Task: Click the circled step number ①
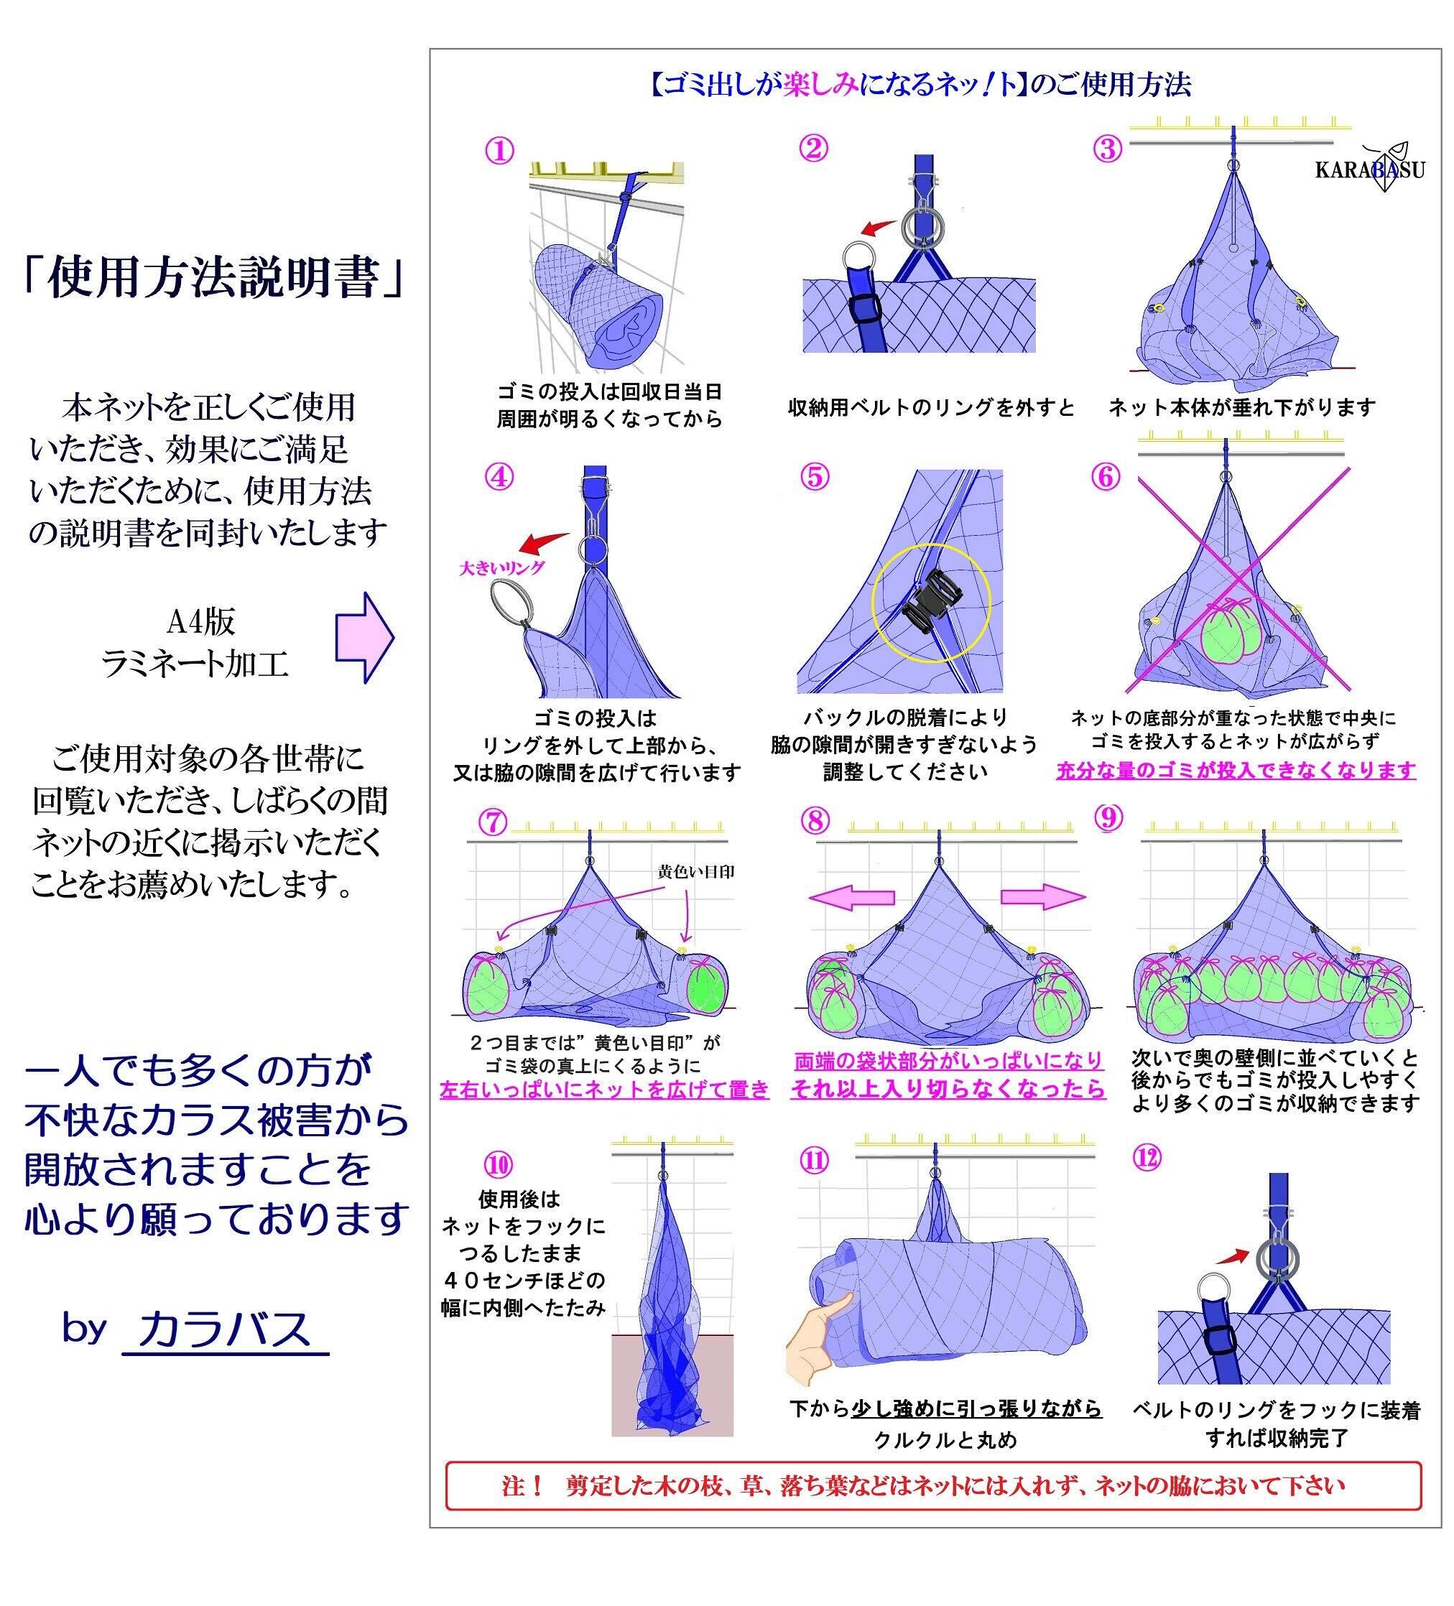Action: coord(499,151)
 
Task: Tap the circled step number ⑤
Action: coord(814,476)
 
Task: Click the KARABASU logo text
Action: coord(1369,170)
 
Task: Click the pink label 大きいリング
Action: coord(502,568)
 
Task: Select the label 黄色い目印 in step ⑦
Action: coord(695,871)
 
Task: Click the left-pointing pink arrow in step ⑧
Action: coord(852,897)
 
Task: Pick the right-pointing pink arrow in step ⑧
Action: coord(1042,897)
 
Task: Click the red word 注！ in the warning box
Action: coord(523,1486)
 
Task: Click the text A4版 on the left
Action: coord(200,622)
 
